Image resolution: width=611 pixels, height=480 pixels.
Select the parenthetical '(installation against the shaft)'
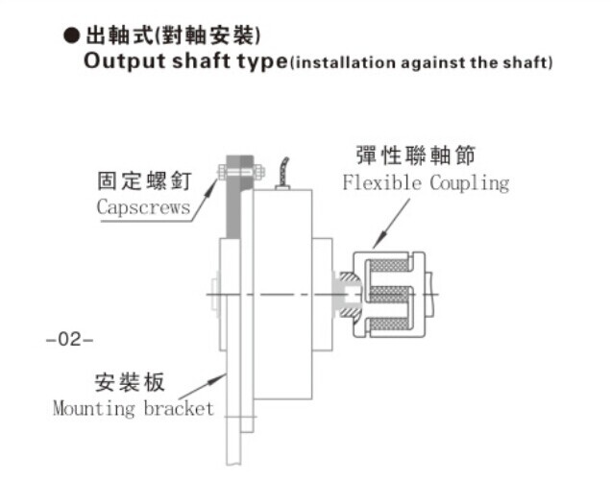pos(422,63)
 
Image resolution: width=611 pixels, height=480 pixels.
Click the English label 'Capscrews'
pos(143,206)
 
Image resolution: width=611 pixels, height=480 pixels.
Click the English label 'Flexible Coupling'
pos(426,182)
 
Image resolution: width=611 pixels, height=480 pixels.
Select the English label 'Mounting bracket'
pos(134,409)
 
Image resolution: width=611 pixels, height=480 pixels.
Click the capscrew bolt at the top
pos(240,173)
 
